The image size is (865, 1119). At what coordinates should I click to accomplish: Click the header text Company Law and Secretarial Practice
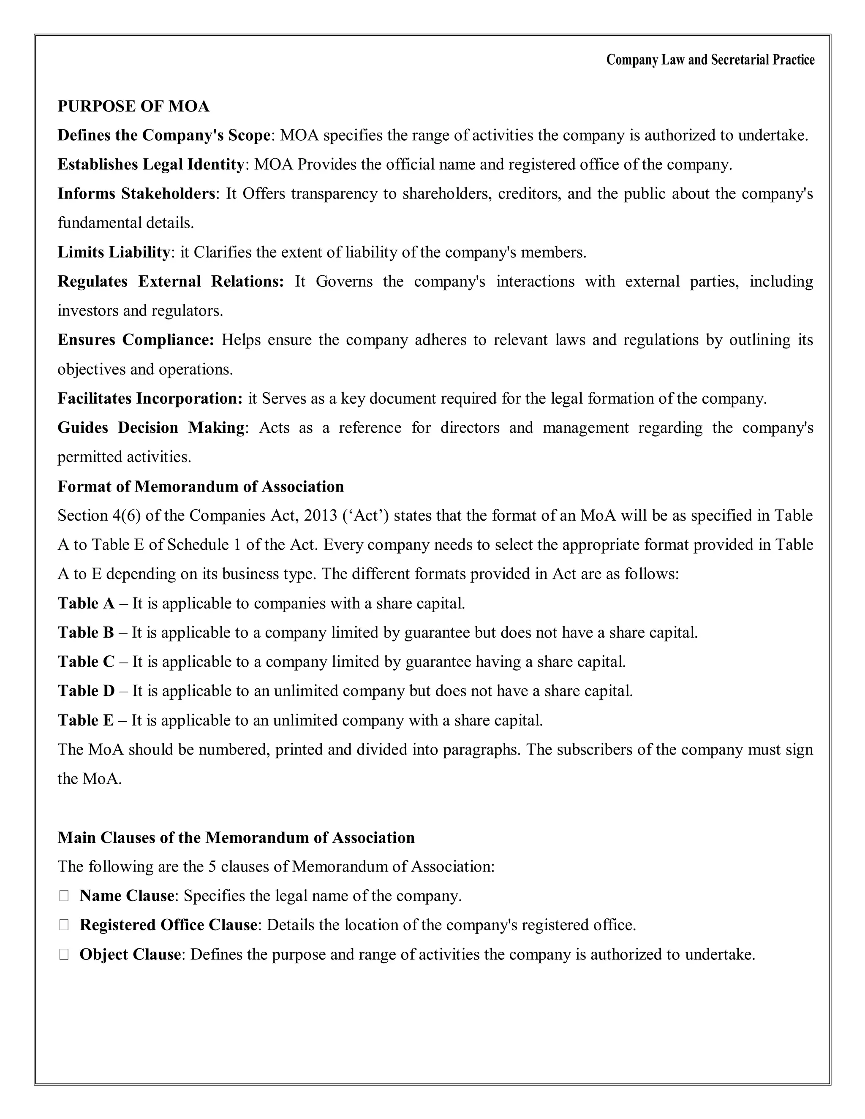click(710, 60)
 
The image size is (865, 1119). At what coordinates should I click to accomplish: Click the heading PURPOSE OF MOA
click(133, 106)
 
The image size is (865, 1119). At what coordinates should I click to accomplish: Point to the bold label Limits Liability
click(113, 252)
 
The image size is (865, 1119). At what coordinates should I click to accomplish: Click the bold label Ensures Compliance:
click(135, 340)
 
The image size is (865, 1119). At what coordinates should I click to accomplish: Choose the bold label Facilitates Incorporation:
click(150, 398)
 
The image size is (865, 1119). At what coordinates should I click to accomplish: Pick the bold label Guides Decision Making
click(151, 427)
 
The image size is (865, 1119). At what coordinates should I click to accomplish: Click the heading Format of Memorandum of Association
click(200, 486)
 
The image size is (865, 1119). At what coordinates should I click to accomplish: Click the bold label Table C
click(86, 661)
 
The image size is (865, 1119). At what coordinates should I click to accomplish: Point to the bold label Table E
click(85, 720)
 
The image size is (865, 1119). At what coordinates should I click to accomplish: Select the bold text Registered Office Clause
click(168, 925)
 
